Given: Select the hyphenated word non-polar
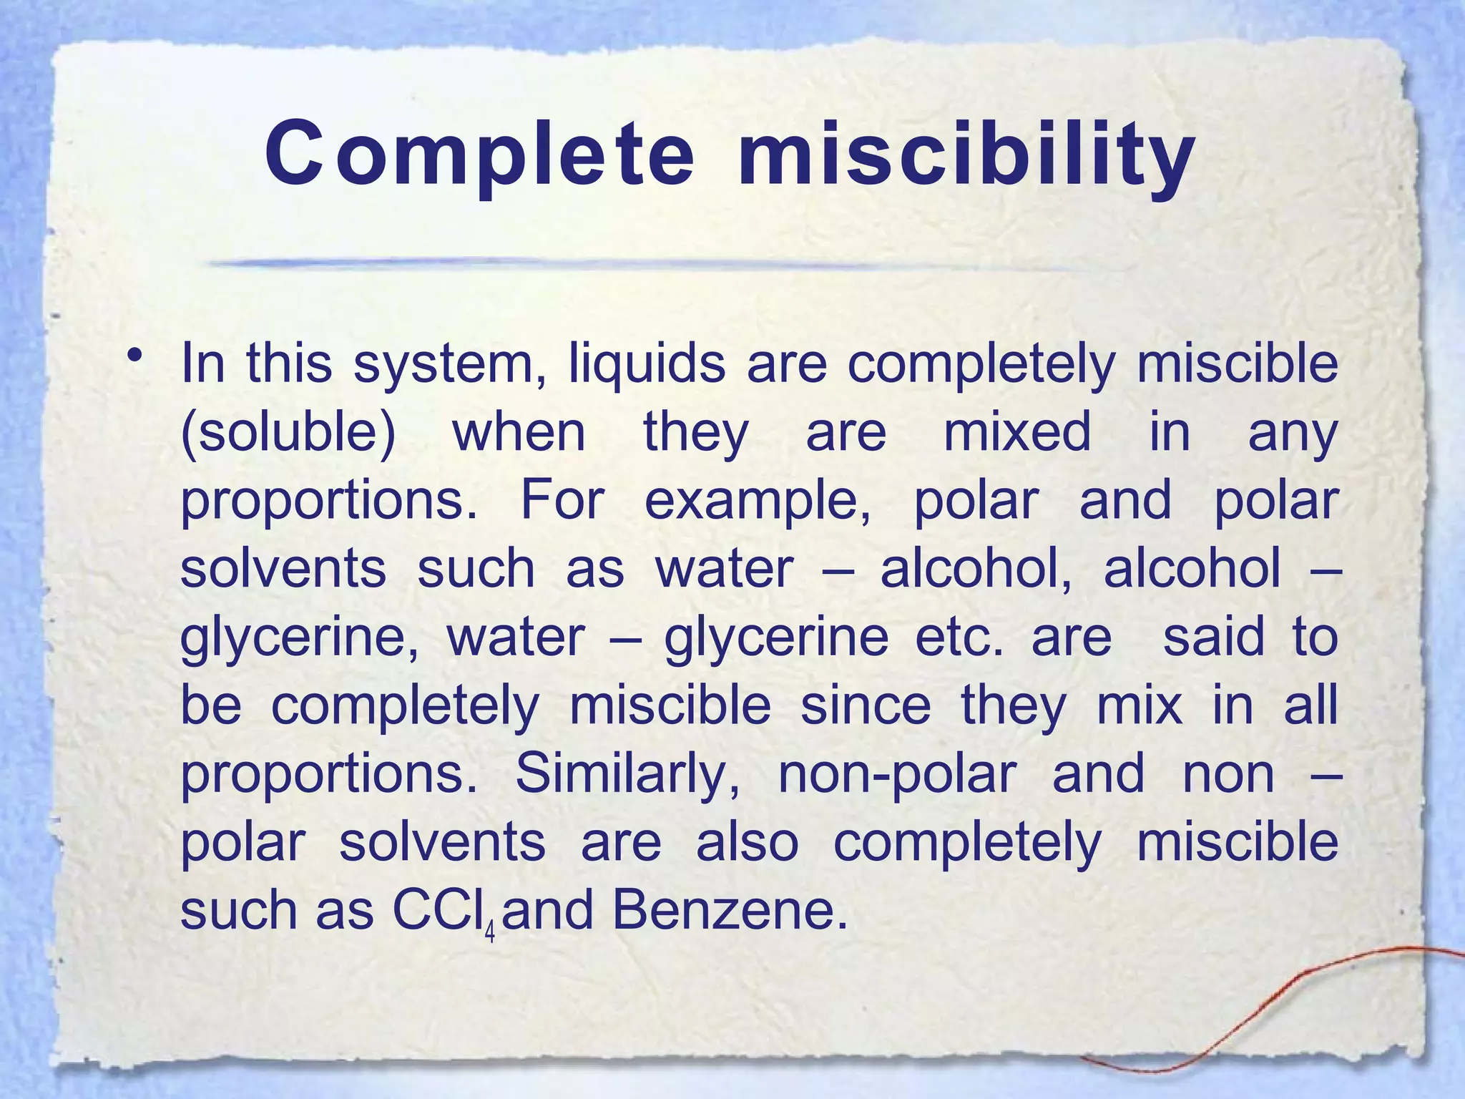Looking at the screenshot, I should point(897,775).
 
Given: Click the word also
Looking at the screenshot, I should point(747,843).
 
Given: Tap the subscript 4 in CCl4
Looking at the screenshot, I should point(490,932).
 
